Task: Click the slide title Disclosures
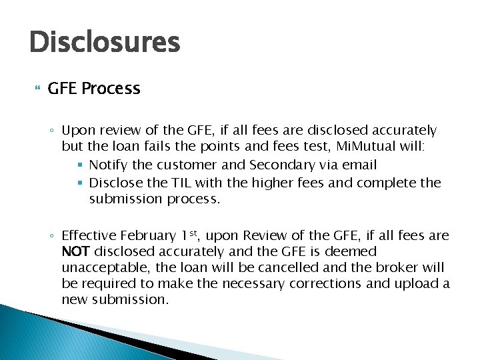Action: pyautogui.click(x=105, y=42)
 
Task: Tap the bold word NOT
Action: pyautogui.click(x=76, y=252)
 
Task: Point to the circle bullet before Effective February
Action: pyautogui.click(x=53, y=236)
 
